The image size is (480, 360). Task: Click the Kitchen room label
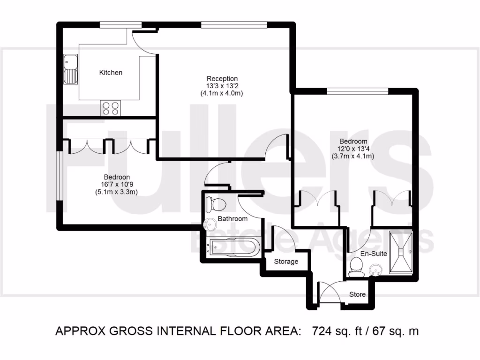coord(111,73)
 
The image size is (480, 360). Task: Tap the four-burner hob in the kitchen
coord(110,108)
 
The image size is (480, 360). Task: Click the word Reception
coord(223,78)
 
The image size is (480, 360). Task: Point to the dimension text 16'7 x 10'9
coord(117,184)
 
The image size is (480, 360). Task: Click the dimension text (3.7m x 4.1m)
coord(353,156)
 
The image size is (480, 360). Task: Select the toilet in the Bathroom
coord(216,204)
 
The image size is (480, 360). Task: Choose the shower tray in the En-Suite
coord(402,252)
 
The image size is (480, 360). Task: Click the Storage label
coord(286,262)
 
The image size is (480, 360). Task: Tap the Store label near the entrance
coord(357,294)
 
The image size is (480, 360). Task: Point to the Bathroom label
coord(232,219)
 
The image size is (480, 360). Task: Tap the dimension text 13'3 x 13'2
coord(223,86)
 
